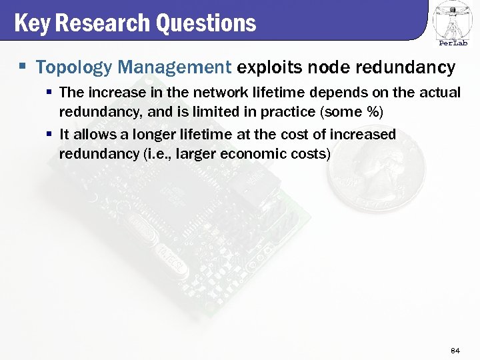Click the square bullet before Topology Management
click(23, 67)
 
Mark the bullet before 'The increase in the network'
click(49, 91)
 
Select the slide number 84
click(456, 350)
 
